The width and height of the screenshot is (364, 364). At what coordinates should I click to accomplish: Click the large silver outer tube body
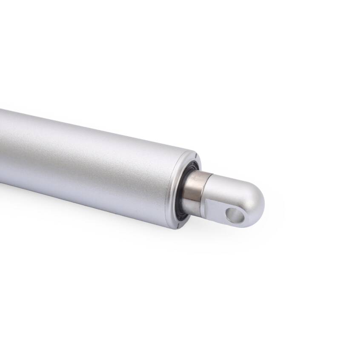pos(85,162)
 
